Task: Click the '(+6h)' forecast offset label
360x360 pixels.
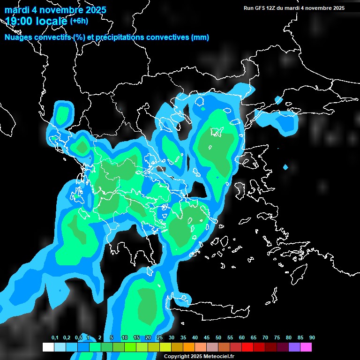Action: point(79,21)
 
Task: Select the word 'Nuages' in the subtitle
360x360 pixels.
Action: point(18,37)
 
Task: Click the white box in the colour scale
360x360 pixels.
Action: point(48,347)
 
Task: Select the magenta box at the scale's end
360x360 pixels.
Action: point(306,347)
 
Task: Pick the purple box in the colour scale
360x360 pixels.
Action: point(294,347)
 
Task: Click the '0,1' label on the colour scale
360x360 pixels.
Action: point(55,338)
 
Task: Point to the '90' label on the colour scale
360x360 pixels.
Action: point(312,338)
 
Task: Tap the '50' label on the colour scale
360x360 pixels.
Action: point(218,338)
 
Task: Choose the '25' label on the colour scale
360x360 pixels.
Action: point(160,338)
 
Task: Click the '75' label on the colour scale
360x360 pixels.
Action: point(277,338)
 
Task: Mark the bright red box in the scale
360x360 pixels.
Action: point(247,347)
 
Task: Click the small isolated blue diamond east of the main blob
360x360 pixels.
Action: point(285,167)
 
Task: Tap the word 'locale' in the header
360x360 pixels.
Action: point(50,21)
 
